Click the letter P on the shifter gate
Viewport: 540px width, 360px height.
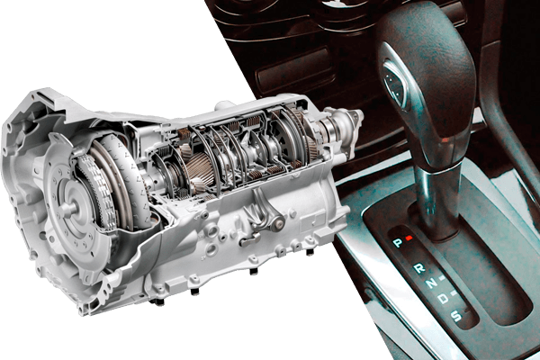(398, 243)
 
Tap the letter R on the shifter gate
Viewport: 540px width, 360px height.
(419, 267)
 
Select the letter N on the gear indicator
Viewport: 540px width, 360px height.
(431, 283)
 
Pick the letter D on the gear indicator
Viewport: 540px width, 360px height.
(444, 298)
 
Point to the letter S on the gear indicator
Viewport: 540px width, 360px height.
(456, 315)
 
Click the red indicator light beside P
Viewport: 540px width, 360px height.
(409, 238)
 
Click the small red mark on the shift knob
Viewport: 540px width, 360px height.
(445, 139)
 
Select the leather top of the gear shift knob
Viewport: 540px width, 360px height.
(427, 69)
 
